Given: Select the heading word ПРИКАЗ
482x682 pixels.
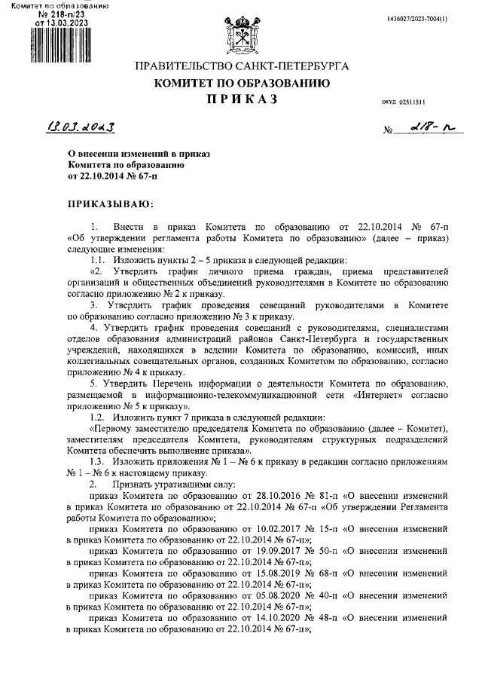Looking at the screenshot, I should [241, 99].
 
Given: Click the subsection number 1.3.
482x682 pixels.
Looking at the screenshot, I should [96, 461].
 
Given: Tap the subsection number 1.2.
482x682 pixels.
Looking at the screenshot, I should [96, 417].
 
